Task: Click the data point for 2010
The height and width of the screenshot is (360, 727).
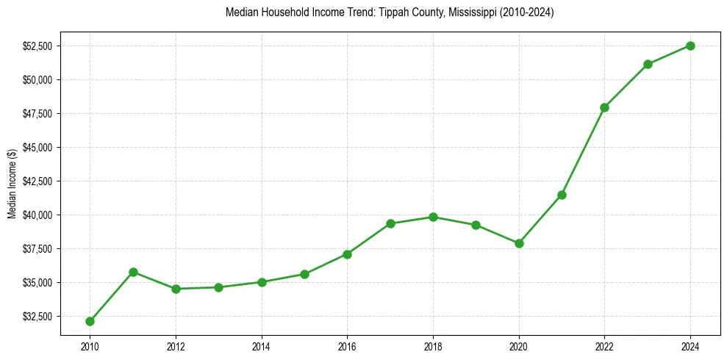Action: tap(90, 321)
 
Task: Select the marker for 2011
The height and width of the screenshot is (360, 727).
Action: tap(133, 272)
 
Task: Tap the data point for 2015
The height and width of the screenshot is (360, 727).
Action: tap(304, 274)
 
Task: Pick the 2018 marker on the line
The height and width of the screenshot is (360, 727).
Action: tap(433, 217)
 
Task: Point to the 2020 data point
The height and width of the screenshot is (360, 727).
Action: tap(519, 243)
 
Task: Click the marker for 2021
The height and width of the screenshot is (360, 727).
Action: tap(562, 195)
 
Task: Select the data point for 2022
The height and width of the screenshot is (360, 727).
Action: tap(604, 107)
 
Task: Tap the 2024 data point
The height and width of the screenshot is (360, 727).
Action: tap(690, 46)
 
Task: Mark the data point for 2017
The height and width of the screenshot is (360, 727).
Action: tap(390, 223)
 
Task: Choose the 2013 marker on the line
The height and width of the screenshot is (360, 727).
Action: tap(218, 287)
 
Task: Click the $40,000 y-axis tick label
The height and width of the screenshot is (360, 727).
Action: tap(37, 215)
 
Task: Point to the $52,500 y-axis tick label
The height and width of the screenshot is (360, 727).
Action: tap(37, 46)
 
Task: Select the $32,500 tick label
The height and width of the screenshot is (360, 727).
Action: tap(37, 317)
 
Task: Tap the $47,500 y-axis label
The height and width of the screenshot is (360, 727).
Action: tap(37, 114)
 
